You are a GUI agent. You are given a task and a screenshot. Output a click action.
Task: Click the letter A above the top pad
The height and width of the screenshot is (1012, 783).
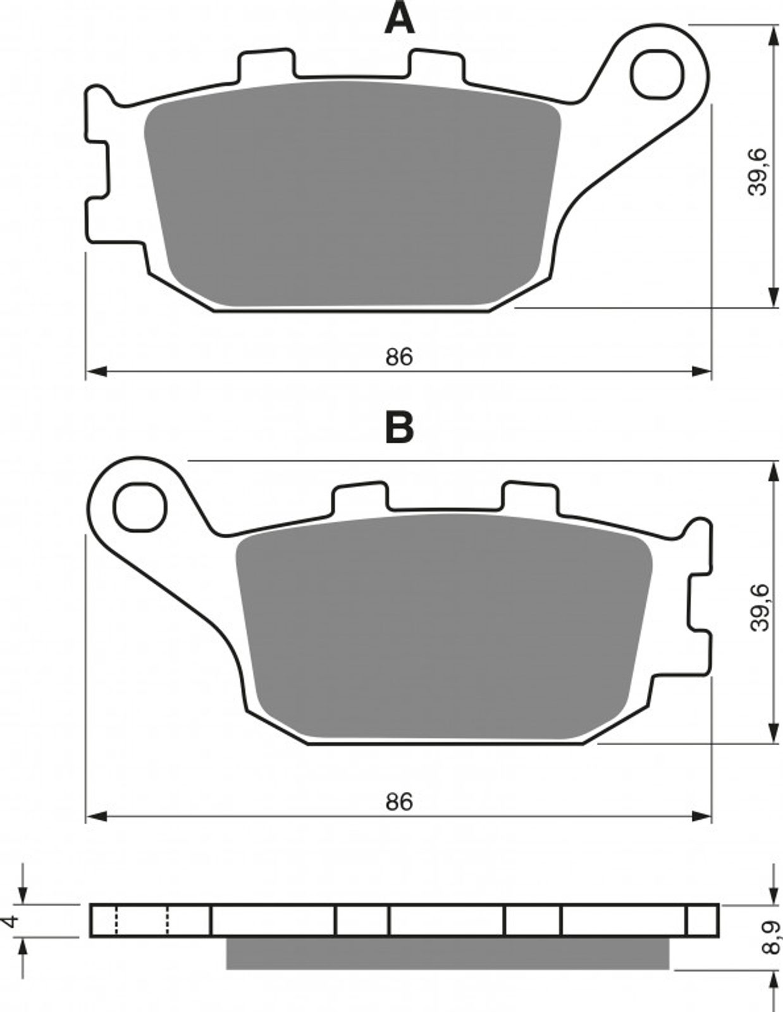(400, 18)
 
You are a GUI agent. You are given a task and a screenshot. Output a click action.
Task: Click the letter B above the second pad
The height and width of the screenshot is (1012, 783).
(400, 428)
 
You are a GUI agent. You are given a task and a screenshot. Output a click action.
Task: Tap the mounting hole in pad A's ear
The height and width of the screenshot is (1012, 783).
(657, 75)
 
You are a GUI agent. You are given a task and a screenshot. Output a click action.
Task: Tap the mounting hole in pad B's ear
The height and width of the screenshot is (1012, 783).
(140, 508)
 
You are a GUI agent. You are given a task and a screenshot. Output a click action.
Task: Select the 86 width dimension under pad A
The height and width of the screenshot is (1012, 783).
(399, 357)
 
